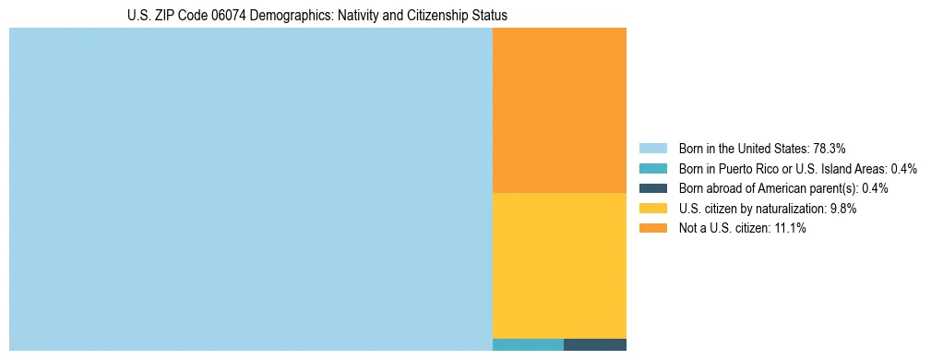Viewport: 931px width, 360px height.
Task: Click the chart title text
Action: coord(317,16)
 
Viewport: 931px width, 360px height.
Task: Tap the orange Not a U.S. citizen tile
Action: coord(559,110)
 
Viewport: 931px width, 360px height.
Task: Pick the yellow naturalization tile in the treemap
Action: coord(559,265)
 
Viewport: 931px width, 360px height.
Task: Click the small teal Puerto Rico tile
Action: coord(528,345)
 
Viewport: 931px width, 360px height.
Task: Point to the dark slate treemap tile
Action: coord(595,345)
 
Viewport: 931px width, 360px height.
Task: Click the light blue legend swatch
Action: coord(652,149)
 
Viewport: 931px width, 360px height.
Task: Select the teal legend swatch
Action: coord(652,169)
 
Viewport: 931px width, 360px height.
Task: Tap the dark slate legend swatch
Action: coord(652,188)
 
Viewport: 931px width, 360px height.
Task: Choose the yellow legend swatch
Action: coord(652,209)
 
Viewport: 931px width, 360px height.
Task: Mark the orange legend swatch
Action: coord(652,228)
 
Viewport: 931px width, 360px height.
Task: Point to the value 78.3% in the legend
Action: coord(829,149)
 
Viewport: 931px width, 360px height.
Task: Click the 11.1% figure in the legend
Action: coord(791,228)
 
